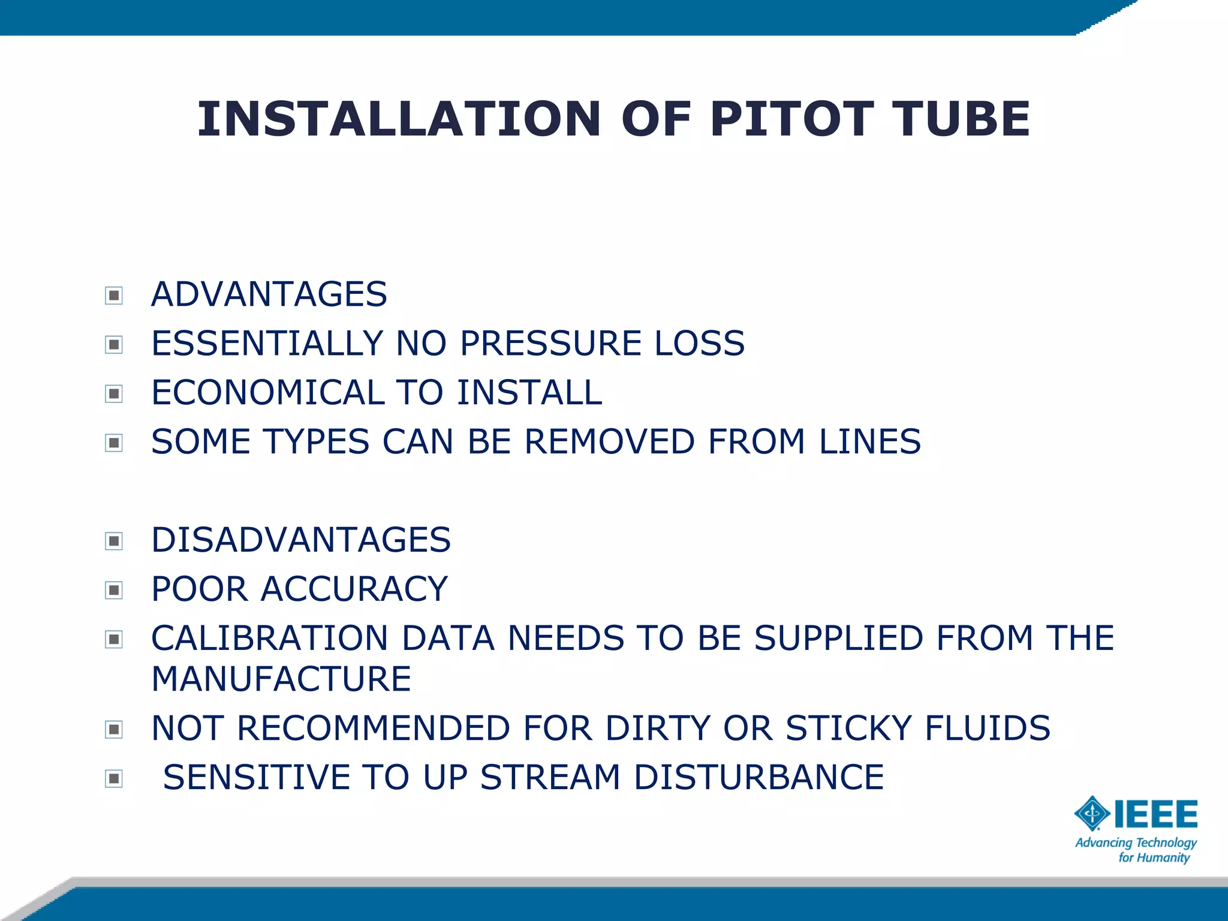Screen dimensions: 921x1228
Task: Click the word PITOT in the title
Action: (x=791, y=119)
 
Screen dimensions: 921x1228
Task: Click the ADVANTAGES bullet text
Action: (x=269, y=294)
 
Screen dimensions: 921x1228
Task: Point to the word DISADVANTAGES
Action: (x=301, y=540)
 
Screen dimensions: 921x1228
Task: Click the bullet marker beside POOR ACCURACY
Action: (x=114, y=591)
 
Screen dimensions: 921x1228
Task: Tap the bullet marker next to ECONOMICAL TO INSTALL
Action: (x=114, y=394)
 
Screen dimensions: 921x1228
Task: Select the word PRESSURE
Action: (x=550, y=344)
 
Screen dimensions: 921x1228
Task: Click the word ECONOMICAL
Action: (x=267, y=393)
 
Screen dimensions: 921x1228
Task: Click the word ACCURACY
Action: (x=354, y=589)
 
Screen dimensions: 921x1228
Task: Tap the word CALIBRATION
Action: (x=270, y=638)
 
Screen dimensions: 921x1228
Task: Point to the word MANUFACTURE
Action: (x=281, y=679)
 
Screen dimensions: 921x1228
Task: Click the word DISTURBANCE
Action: (x=759, y=777)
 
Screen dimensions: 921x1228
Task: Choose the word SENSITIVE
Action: (x=256, y=777)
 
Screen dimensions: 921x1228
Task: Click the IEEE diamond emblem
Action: (x=1092, y=814)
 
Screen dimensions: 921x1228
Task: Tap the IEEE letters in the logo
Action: (x=1155, y=814)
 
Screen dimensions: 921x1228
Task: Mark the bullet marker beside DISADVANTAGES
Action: (x=114, y=541)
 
